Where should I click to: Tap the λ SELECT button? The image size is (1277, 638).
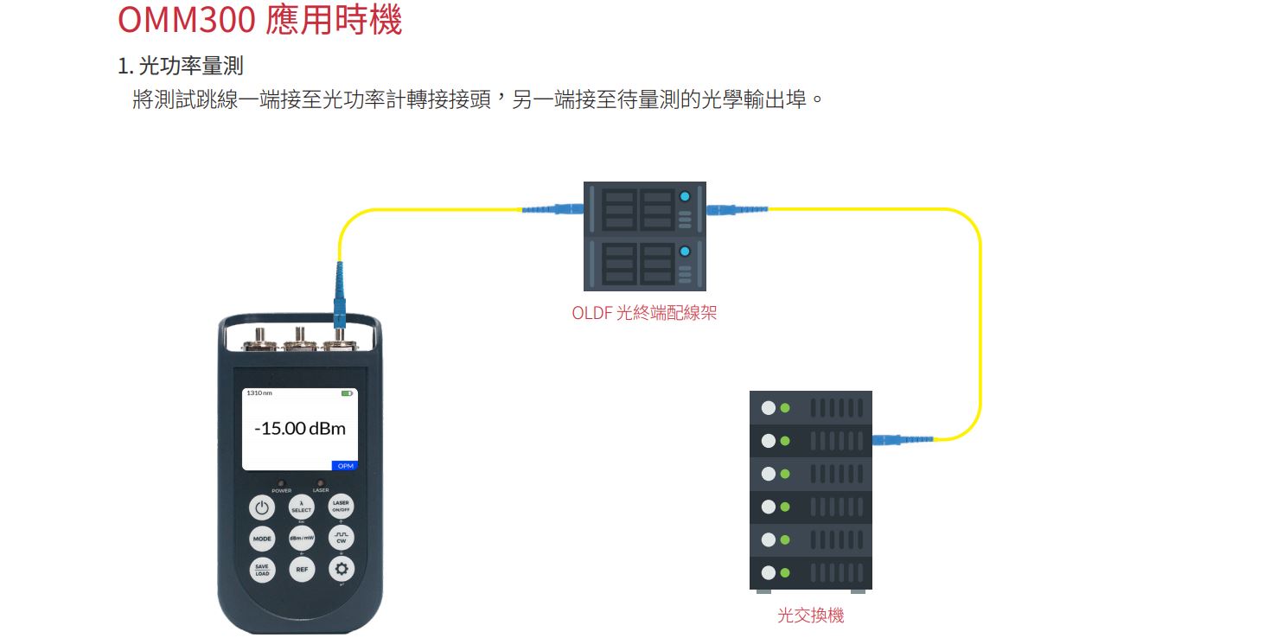pos(301,507)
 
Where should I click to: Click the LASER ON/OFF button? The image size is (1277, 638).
pos(341,507)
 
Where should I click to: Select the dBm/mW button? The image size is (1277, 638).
pos(301,539)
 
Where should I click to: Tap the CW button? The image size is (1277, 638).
pos(341,539)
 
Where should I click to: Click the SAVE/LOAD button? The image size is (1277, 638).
pos(262,570)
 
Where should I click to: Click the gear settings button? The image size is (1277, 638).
pos(341,569)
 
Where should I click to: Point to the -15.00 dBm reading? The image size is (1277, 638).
pos(299,429)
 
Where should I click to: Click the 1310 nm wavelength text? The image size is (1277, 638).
pos(259,393)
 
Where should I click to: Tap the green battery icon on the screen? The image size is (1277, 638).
pos(347,393)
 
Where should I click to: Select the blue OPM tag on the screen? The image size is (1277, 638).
pos(345,466)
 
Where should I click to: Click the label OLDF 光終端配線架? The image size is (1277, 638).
pos(644,313)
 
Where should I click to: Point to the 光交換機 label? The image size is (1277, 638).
pos(810,616)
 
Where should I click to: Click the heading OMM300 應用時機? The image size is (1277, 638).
pos(259,20)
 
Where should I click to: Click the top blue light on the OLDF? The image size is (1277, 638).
pos(686,196)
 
